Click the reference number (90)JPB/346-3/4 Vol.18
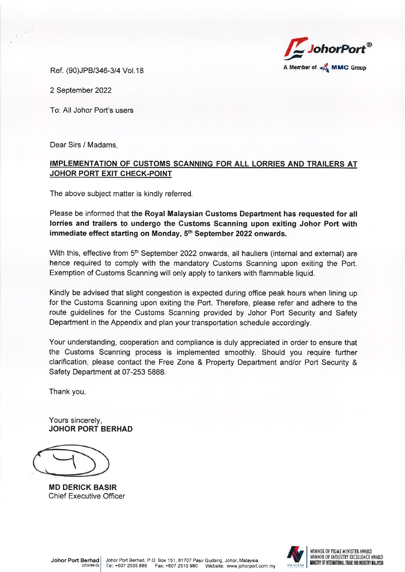105,70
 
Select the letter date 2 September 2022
81,90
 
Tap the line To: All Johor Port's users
91,110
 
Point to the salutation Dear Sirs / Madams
84,145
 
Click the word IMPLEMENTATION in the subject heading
83,164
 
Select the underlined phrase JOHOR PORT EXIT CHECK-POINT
111,174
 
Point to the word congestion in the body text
164,293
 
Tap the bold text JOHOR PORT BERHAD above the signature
90,429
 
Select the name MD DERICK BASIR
82,487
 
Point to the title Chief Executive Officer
87,496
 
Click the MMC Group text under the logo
348,68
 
